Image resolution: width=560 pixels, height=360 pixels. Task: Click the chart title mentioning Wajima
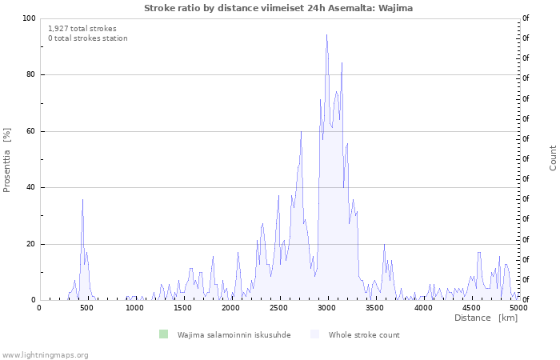pyautogui.click(x=278, y=8)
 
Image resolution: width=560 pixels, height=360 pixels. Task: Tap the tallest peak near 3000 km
pyautogui.click(x=326, y=35)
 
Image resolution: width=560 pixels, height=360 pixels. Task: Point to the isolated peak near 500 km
pyautogui.click(x=83, y=200)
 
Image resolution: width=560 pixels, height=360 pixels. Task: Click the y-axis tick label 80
pyautogui.click(x=30, y=74)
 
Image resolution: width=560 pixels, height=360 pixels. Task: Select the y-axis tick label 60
pyautogui.click(x=30, y=131)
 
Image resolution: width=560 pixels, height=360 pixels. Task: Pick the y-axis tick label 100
pyautogui.click(x=29, y=18)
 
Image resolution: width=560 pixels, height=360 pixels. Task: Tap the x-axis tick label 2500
pyautogui.click(x=278, y=308)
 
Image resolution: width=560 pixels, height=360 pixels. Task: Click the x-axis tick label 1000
pyautogui.click(x=134, y=308)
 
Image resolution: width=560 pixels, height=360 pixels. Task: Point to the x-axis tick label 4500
pyautogui.click(x=470, y=308)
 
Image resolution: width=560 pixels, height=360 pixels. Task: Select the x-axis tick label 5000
pyautogui.click(x=518, y=308)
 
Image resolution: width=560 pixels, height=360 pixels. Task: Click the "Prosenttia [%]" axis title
pyautogui.click(x=6, y=160)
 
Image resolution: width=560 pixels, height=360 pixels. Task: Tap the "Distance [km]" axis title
pyautogui.click(x=486, y=318)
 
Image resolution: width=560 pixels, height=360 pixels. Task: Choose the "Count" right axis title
pyautogui.click(x=553, y=158)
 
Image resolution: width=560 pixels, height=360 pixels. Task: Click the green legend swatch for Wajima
pyautogui.click(x=163, y=334)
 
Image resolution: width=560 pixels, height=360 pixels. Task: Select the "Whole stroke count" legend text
pyautogui.click(x=364, y=335)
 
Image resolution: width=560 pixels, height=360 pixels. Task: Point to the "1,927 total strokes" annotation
pyautogui.click(x=82, y=29)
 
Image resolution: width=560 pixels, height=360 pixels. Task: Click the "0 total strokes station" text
pyautogui.click(x=88, y=38)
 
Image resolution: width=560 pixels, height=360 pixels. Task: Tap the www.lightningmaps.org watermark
pyautogui.click(x=45, y=355)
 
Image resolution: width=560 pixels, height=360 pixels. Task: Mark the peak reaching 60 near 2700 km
pyautogui.click(x=301, y=132)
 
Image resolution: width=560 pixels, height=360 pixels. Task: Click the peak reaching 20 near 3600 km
pyautogui.click(x=384, y=245)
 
